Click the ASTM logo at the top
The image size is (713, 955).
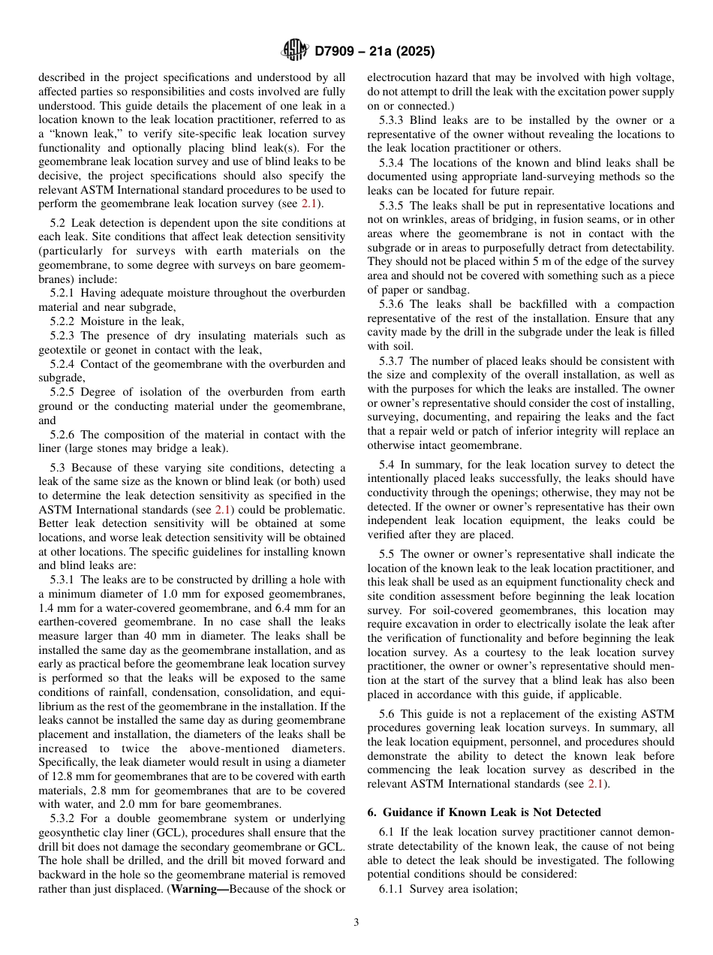click(294, 51)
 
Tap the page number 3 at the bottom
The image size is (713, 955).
click(356, 923)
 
